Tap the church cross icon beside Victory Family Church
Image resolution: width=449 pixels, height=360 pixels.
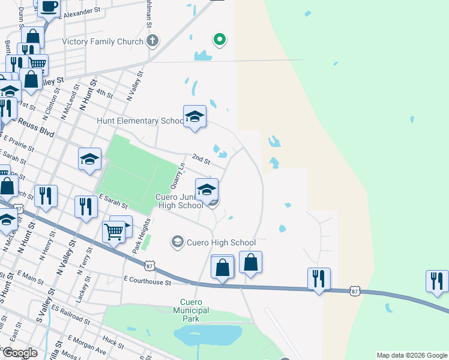tap(153, 41)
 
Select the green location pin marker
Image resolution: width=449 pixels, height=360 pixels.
tap(220, 40)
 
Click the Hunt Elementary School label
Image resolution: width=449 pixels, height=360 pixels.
tap(140, 121)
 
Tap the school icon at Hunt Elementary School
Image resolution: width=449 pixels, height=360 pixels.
tap(194, 116)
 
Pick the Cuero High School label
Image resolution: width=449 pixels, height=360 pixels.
tap(221, 242)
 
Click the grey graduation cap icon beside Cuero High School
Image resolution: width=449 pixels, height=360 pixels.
tap(177, 242)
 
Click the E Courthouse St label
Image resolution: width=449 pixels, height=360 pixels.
tap(148, 281)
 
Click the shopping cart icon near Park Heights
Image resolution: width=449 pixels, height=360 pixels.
tap(113, 230)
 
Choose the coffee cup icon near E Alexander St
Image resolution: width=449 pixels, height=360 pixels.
tap(49, 6)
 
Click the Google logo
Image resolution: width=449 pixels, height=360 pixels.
tap(19, 353)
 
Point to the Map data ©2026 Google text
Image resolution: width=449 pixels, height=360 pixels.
tap(412, 355)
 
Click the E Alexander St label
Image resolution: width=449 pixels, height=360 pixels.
tap(82, 11)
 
